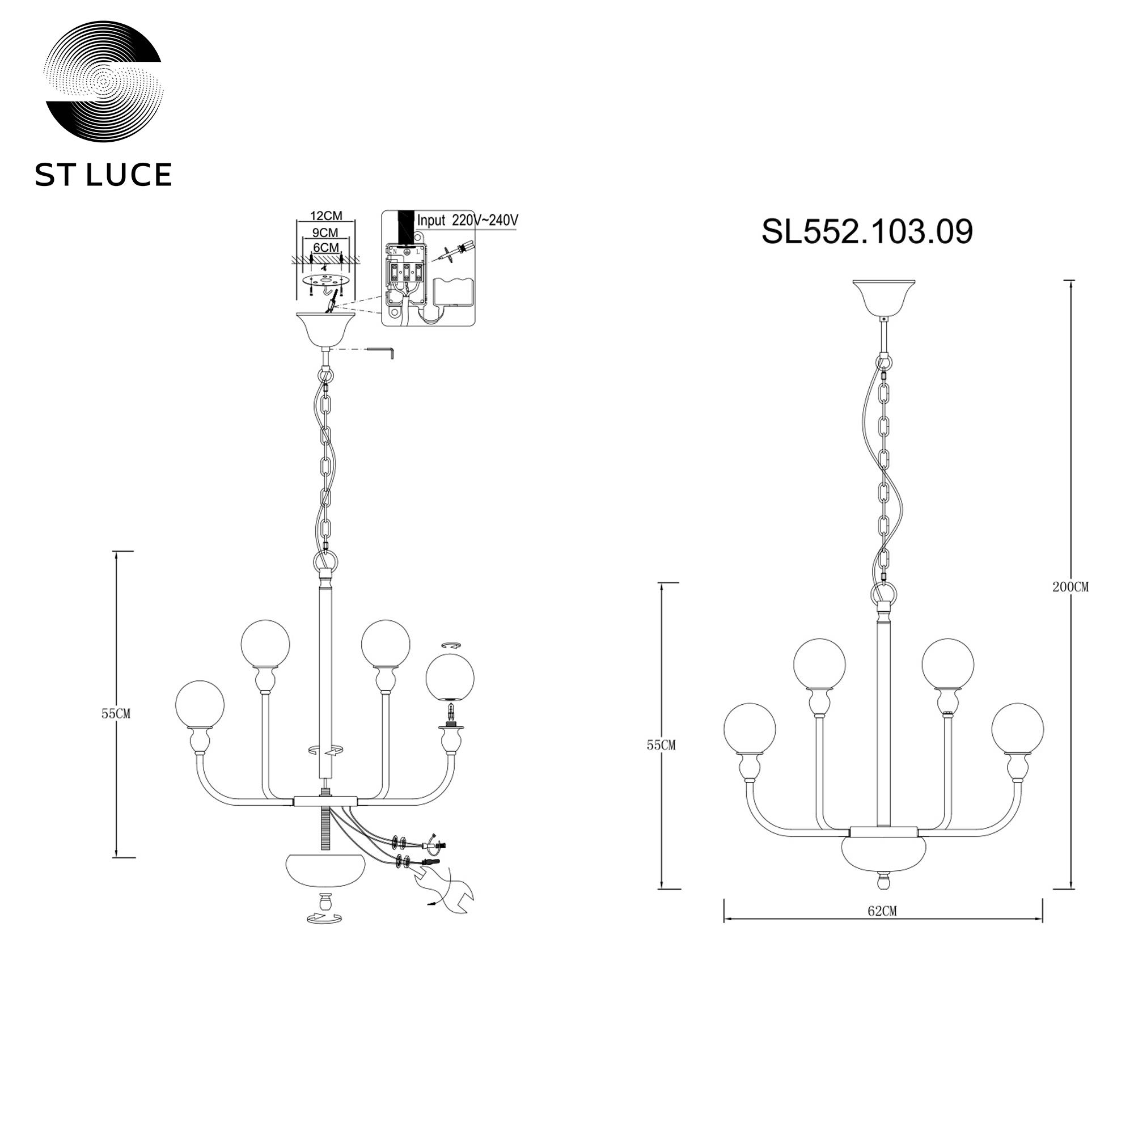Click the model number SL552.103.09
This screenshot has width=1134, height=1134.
(867, 232)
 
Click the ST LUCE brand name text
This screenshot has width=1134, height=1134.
(103, 175)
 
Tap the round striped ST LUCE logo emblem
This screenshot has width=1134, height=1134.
(104, 83)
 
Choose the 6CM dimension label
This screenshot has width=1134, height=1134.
(327, 248)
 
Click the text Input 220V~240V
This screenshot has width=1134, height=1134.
(467, 221)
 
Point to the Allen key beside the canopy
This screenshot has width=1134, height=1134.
(384, 352)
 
